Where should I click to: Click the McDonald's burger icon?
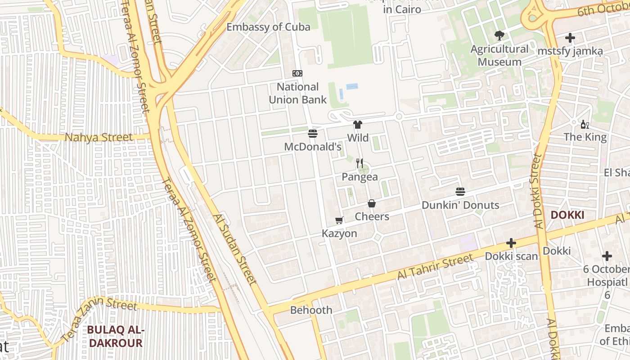(x=313, y=133)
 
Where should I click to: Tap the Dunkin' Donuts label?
(x=460, y=205)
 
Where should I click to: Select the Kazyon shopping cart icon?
(x=339, y=220)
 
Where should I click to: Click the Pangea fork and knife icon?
(x=359, y=163)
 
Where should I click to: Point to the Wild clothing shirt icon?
(x=358, y=125)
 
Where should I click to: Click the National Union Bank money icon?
(x=297, y=73)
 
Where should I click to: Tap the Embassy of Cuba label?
(x=268, y=27)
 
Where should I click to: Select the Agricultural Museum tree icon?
(x=499, y=36)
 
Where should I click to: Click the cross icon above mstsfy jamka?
(x=570, y=38)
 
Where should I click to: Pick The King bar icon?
(x=585, y=124)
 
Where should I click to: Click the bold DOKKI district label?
(x=567, y=215)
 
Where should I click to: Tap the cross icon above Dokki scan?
(x=511, y=243)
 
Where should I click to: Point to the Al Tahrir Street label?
(x=435, y=266)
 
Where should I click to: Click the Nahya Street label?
(x=99, y=137)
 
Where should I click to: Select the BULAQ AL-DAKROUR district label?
(x=115, y=337)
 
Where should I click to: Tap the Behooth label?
(x=311, y=310)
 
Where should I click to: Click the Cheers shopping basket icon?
(x=372, y=204)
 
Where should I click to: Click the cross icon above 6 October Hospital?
(x=607, y=256)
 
